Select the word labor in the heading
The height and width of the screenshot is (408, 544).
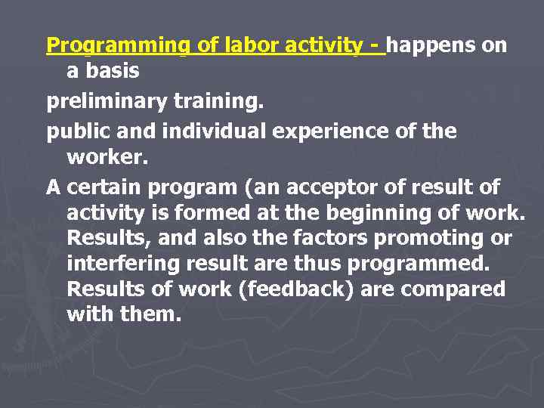pos(249,45)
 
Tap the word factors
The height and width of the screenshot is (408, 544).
pos(329,238)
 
